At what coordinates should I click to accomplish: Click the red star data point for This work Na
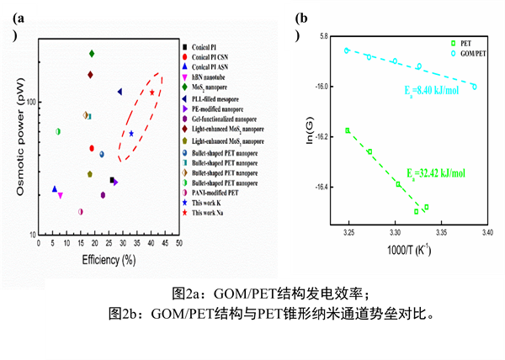coord(152,93)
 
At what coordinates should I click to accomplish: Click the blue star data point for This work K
coord(131,134)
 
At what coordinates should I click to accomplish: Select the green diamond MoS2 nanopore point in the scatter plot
coord(91,54)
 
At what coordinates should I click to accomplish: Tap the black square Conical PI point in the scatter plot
coord(112,180)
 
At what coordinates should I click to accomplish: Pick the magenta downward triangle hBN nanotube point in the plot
coord(60,195)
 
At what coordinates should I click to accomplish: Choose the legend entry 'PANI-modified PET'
coord(221,193)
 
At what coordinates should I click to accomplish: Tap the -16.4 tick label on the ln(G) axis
coord(321,187)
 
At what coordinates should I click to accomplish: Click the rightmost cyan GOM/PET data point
coord(475,87)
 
